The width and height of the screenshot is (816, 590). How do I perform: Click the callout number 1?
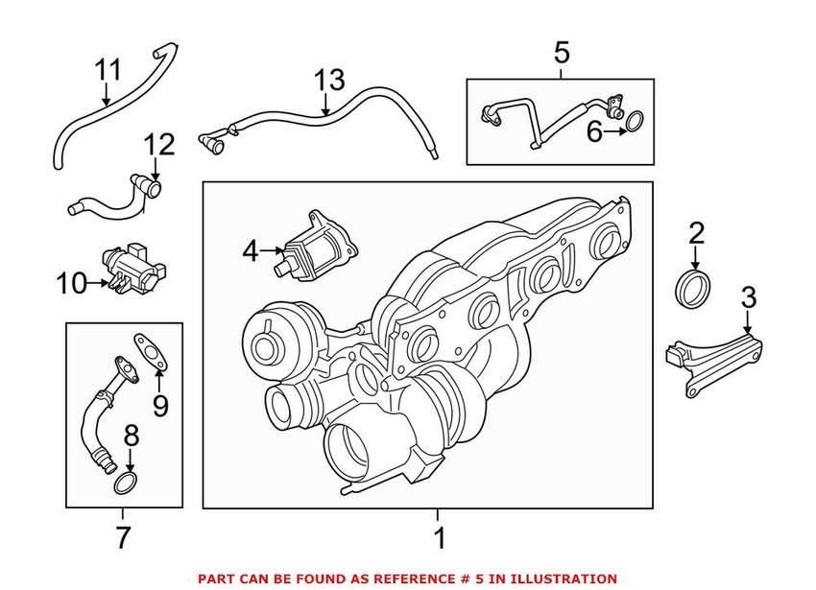click(439, 537)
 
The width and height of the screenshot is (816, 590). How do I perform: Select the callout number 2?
click(697, 233)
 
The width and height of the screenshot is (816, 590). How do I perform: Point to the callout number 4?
click(251, 252)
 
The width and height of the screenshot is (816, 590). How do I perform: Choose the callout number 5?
click(562, 53)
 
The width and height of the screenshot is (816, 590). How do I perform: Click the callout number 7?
click(122, 537)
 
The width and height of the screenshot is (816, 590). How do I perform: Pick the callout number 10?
click(69, 283)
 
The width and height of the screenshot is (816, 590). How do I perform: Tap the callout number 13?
click(328, 81)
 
